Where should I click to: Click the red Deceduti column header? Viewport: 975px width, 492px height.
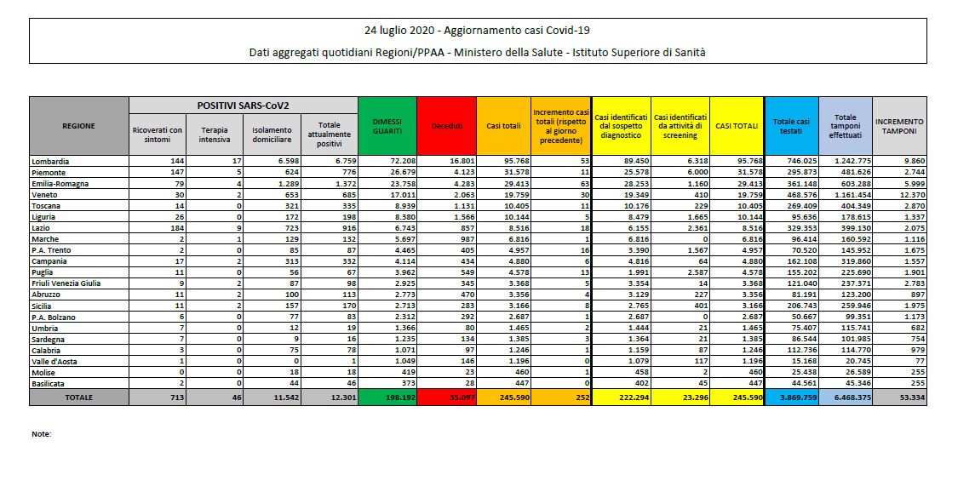(x=446, y=126)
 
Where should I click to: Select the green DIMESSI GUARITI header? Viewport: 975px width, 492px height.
(x=387, y=126)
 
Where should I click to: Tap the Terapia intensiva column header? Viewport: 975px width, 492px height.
(x=215, y=134)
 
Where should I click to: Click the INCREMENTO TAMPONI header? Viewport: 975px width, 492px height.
(x=899, y=126)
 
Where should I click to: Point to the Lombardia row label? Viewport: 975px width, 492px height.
(x=50, y=161)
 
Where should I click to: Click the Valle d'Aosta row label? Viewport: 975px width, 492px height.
(x=55, y=361)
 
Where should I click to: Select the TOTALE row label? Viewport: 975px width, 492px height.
(x=78, y=397)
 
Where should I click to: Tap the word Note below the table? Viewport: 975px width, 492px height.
(x=41, y=434)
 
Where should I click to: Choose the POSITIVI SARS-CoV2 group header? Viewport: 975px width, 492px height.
(x=243, y=106)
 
